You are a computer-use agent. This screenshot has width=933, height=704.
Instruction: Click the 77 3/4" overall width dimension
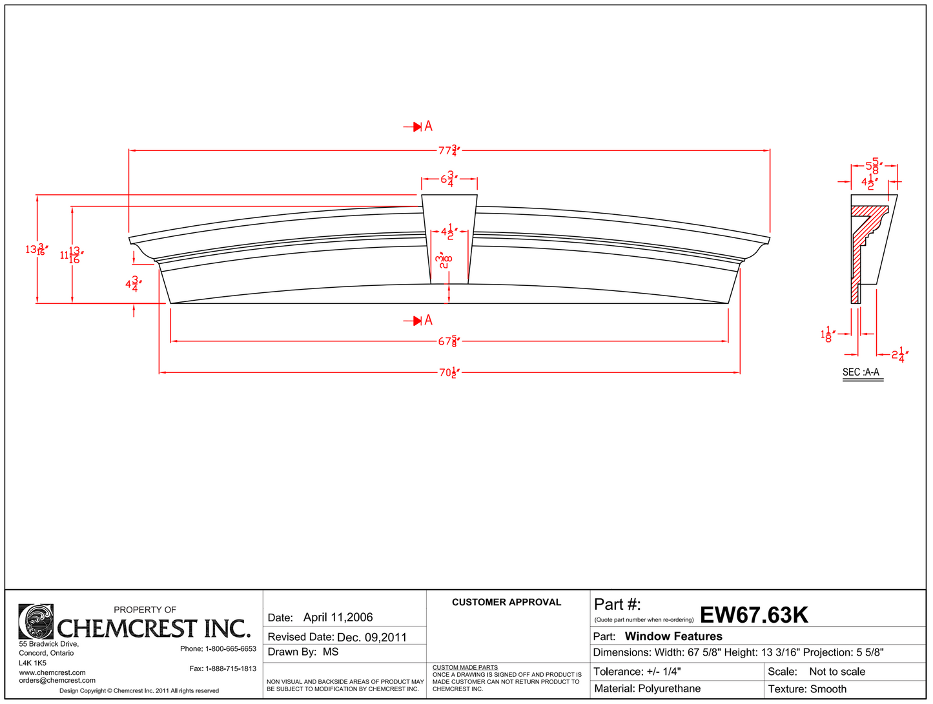tap(448, 150)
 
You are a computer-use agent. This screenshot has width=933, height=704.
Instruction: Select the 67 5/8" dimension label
tap(448, 341)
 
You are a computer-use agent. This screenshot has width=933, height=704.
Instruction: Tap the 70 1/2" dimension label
tap(449, 372)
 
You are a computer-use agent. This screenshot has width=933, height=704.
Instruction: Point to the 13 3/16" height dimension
tap(36, 249)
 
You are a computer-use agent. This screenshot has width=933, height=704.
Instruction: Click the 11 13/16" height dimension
tap(71, 255)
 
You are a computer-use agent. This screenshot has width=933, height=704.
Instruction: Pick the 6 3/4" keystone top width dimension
tap(449, 179)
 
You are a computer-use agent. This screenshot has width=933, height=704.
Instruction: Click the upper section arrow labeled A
tap(419, 126)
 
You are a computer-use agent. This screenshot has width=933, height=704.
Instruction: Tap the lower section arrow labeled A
tap(419, 320)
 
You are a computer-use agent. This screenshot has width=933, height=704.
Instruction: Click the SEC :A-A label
tap(861, 372)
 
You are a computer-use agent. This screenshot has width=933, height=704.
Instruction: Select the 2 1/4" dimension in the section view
tap(899, 354)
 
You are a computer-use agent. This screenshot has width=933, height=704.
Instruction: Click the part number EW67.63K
tap(754, 615)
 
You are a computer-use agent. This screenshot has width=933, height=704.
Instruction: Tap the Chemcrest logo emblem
tap(36, 621)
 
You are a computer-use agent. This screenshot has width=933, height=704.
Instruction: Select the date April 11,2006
tap(338, 618)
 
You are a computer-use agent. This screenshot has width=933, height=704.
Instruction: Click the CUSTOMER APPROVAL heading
tap(506, 602)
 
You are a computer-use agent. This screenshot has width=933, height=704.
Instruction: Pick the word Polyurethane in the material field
tap(669, 689)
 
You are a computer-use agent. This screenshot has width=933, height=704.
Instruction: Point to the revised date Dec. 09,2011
tap(372, 638)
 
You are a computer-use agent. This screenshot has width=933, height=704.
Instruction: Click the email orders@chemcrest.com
tap(57, 680)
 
